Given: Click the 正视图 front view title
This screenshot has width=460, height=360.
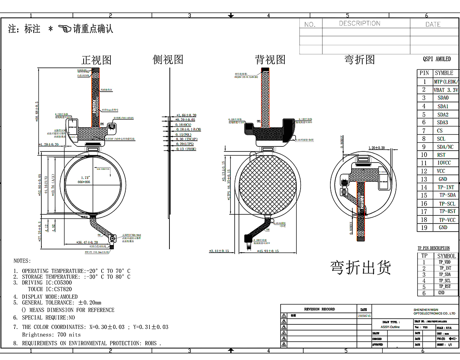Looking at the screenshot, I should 96,60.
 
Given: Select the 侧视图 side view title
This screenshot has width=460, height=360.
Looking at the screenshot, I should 168,59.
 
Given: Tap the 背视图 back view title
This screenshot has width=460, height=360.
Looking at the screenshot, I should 270,59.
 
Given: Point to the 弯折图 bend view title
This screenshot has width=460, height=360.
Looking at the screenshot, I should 359,59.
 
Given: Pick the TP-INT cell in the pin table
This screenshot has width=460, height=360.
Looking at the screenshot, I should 446,187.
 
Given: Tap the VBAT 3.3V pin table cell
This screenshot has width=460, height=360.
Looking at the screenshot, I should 445,90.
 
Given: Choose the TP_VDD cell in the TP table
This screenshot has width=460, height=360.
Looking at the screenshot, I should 445,262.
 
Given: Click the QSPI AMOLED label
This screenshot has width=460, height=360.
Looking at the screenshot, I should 437,59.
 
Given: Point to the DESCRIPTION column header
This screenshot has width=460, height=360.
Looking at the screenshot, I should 360,23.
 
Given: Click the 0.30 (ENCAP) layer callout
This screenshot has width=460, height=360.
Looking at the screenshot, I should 186,139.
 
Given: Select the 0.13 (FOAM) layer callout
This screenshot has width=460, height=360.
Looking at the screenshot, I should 186,149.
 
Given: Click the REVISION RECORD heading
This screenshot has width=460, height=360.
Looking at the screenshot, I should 319,309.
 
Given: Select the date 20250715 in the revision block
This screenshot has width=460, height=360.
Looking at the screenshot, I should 364,316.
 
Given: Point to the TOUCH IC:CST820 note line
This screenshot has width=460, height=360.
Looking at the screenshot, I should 50,289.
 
